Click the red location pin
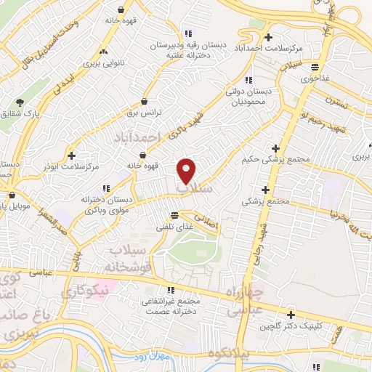[187, 171]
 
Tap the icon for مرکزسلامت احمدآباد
[269, 38]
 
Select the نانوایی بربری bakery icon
[103, 52]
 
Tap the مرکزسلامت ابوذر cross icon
[71, 155]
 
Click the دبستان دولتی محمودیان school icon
[248, 80]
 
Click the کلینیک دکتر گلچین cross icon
[291, 315]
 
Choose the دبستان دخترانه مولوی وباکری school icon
[106, 187]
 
